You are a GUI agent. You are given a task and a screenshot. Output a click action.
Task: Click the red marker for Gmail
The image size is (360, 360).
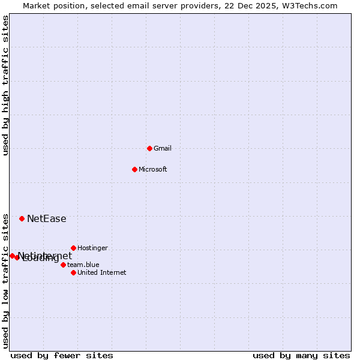pyautogui.click(x=149, y=148)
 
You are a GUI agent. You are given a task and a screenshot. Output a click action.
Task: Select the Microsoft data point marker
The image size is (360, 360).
pyautogui.click(x=134, y=169)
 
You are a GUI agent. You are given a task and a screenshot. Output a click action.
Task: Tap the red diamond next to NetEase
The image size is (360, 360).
pyautogui.click(x=22, y=218)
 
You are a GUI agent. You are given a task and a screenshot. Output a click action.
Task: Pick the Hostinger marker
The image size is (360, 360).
pyautogui.click(x=73, y=248)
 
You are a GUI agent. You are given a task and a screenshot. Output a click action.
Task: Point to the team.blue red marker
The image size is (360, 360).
pyautogui.click(x=63, y=265)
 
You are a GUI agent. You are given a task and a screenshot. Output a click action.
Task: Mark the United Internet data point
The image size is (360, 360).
pyautogui.click(x=73, y=272)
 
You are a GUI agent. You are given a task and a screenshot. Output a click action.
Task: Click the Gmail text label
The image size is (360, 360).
pyautogui.click(x=163, y=148)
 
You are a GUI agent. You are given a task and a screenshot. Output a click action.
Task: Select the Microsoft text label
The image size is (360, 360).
pyautogui.click(x=153, y=169)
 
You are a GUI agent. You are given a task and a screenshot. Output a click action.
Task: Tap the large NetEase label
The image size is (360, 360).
pyautogui.click(x=46, y=219)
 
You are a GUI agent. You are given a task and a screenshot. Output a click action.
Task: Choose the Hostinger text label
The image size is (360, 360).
pyautogui.click(x=92, y=248)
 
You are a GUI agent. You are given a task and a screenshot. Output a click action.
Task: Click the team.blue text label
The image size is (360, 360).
pyautogui.click(x=83, y=265)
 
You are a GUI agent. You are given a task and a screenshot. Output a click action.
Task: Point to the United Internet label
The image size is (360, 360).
pyautogui.click(x=102, y=272)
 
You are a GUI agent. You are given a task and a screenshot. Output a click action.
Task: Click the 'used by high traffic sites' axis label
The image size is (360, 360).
pyautogui.click(x=5, y=86)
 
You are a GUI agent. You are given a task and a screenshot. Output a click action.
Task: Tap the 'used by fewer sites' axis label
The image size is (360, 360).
pyautogui.click(x=62, y=355)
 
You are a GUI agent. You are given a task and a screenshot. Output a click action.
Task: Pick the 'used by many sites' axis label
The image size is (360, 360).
pyautogui.click(x=301, y=355)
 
